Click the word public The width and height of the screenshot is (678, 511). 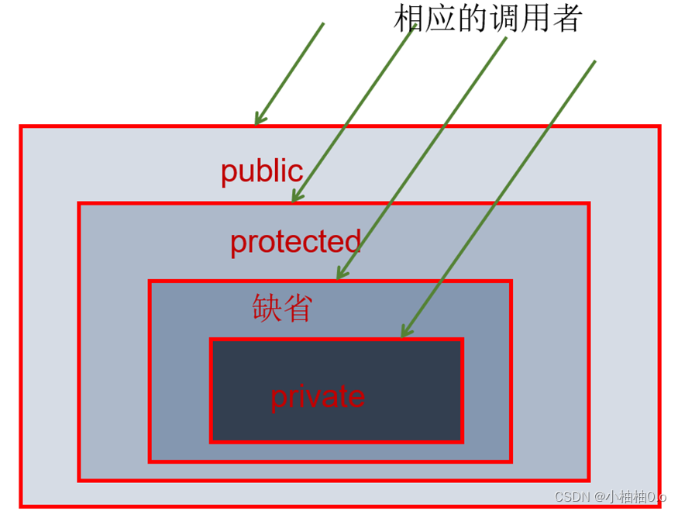261,171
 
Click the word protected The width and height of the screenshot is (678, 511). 295,242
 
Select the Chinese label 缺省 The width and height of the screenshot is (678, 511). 282,308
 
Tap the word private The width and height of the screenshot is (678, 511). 317,397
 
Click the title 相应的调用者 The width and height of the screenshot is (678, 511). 487,18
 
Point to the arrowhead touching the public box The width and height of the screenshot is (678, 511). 258,120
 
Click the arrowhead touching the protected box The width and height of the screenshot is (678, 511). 295,198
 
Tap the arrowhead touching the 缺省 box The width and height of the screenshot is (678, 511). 339,274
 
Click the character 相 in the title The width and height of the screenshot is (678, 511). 409,18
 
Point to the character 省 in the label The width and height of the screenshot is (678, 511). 298,308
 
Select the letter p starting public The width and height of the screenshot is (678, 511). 227,173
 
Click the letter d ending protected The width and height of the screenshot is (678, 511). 353,241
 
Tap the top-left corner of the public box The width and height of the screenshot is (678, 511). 21,126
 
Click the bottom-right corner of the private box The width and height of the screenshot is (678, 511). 462,441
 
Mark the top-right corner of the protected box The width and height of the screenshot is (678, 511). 588,204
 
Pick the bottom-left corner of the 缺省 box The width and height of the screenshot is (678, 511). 150,461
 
